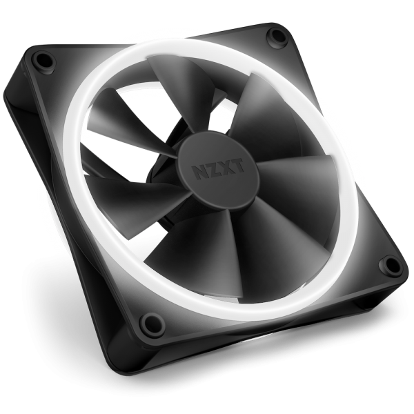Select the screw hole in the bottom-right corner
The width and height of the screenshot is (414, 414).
pyautogui.click(x=389, y=264)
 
